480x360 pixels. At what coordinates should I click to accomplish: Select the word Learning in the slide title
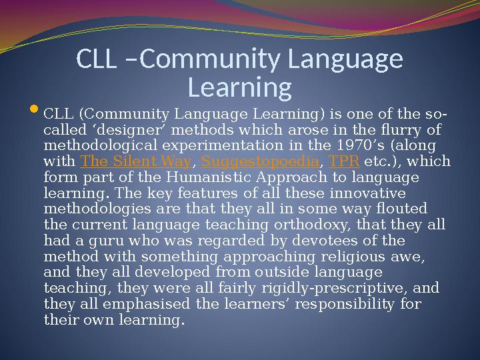[240, 87]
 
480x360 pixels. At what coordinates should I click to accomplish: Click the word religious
[353, 257]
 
